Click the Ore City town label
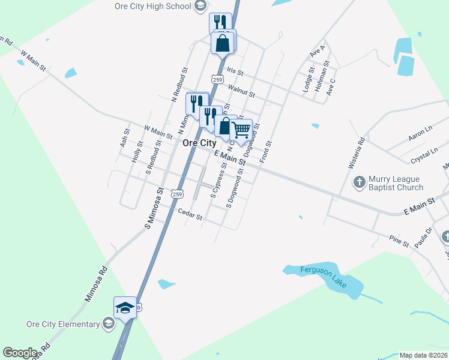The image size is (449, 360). (x=199, y=143)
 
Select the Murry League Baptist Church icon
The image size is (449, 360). (x=359, y=182)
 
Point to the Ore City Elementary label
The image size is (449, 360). (x=62, y=324)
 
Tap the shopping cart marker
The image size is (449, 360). (x=241, y=129)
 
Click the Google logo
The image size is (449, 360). (x=20, y=353)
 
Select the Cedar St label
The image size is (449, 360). (x=190, y=214)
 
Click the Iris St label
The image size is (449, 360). (x=235, y=72)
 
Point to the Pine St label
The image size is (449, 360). (x=398, y=244)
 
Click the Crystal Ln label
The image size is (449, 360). (x=424, y=152)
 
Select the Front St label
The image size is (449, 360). (x=266, y=152)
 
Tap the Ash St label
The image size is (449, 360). (x=124, y=138)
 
